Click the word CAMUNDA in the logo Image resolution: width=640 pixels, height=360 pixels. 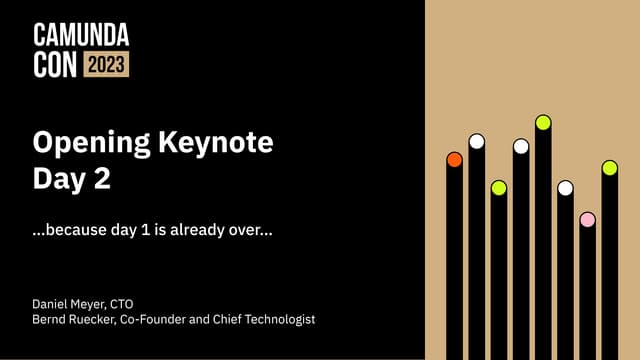[x=81, y=37]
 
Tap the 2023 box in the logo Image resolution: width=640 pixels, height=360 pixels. [x=106, y=65]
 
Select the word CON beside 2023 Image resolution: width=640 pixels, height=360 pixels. [x=54, y=65]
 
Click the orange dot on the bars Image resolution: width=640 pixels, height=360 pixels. [x=454, y=159]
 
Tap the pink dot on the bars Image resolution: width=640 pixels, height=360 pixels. [x=587, y=219]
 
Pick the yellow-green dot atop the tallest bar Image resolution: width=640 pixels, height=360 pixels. [x=543, y=122]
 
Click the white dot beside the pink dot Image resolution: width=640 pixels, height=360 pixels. [x=565, y=188]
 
